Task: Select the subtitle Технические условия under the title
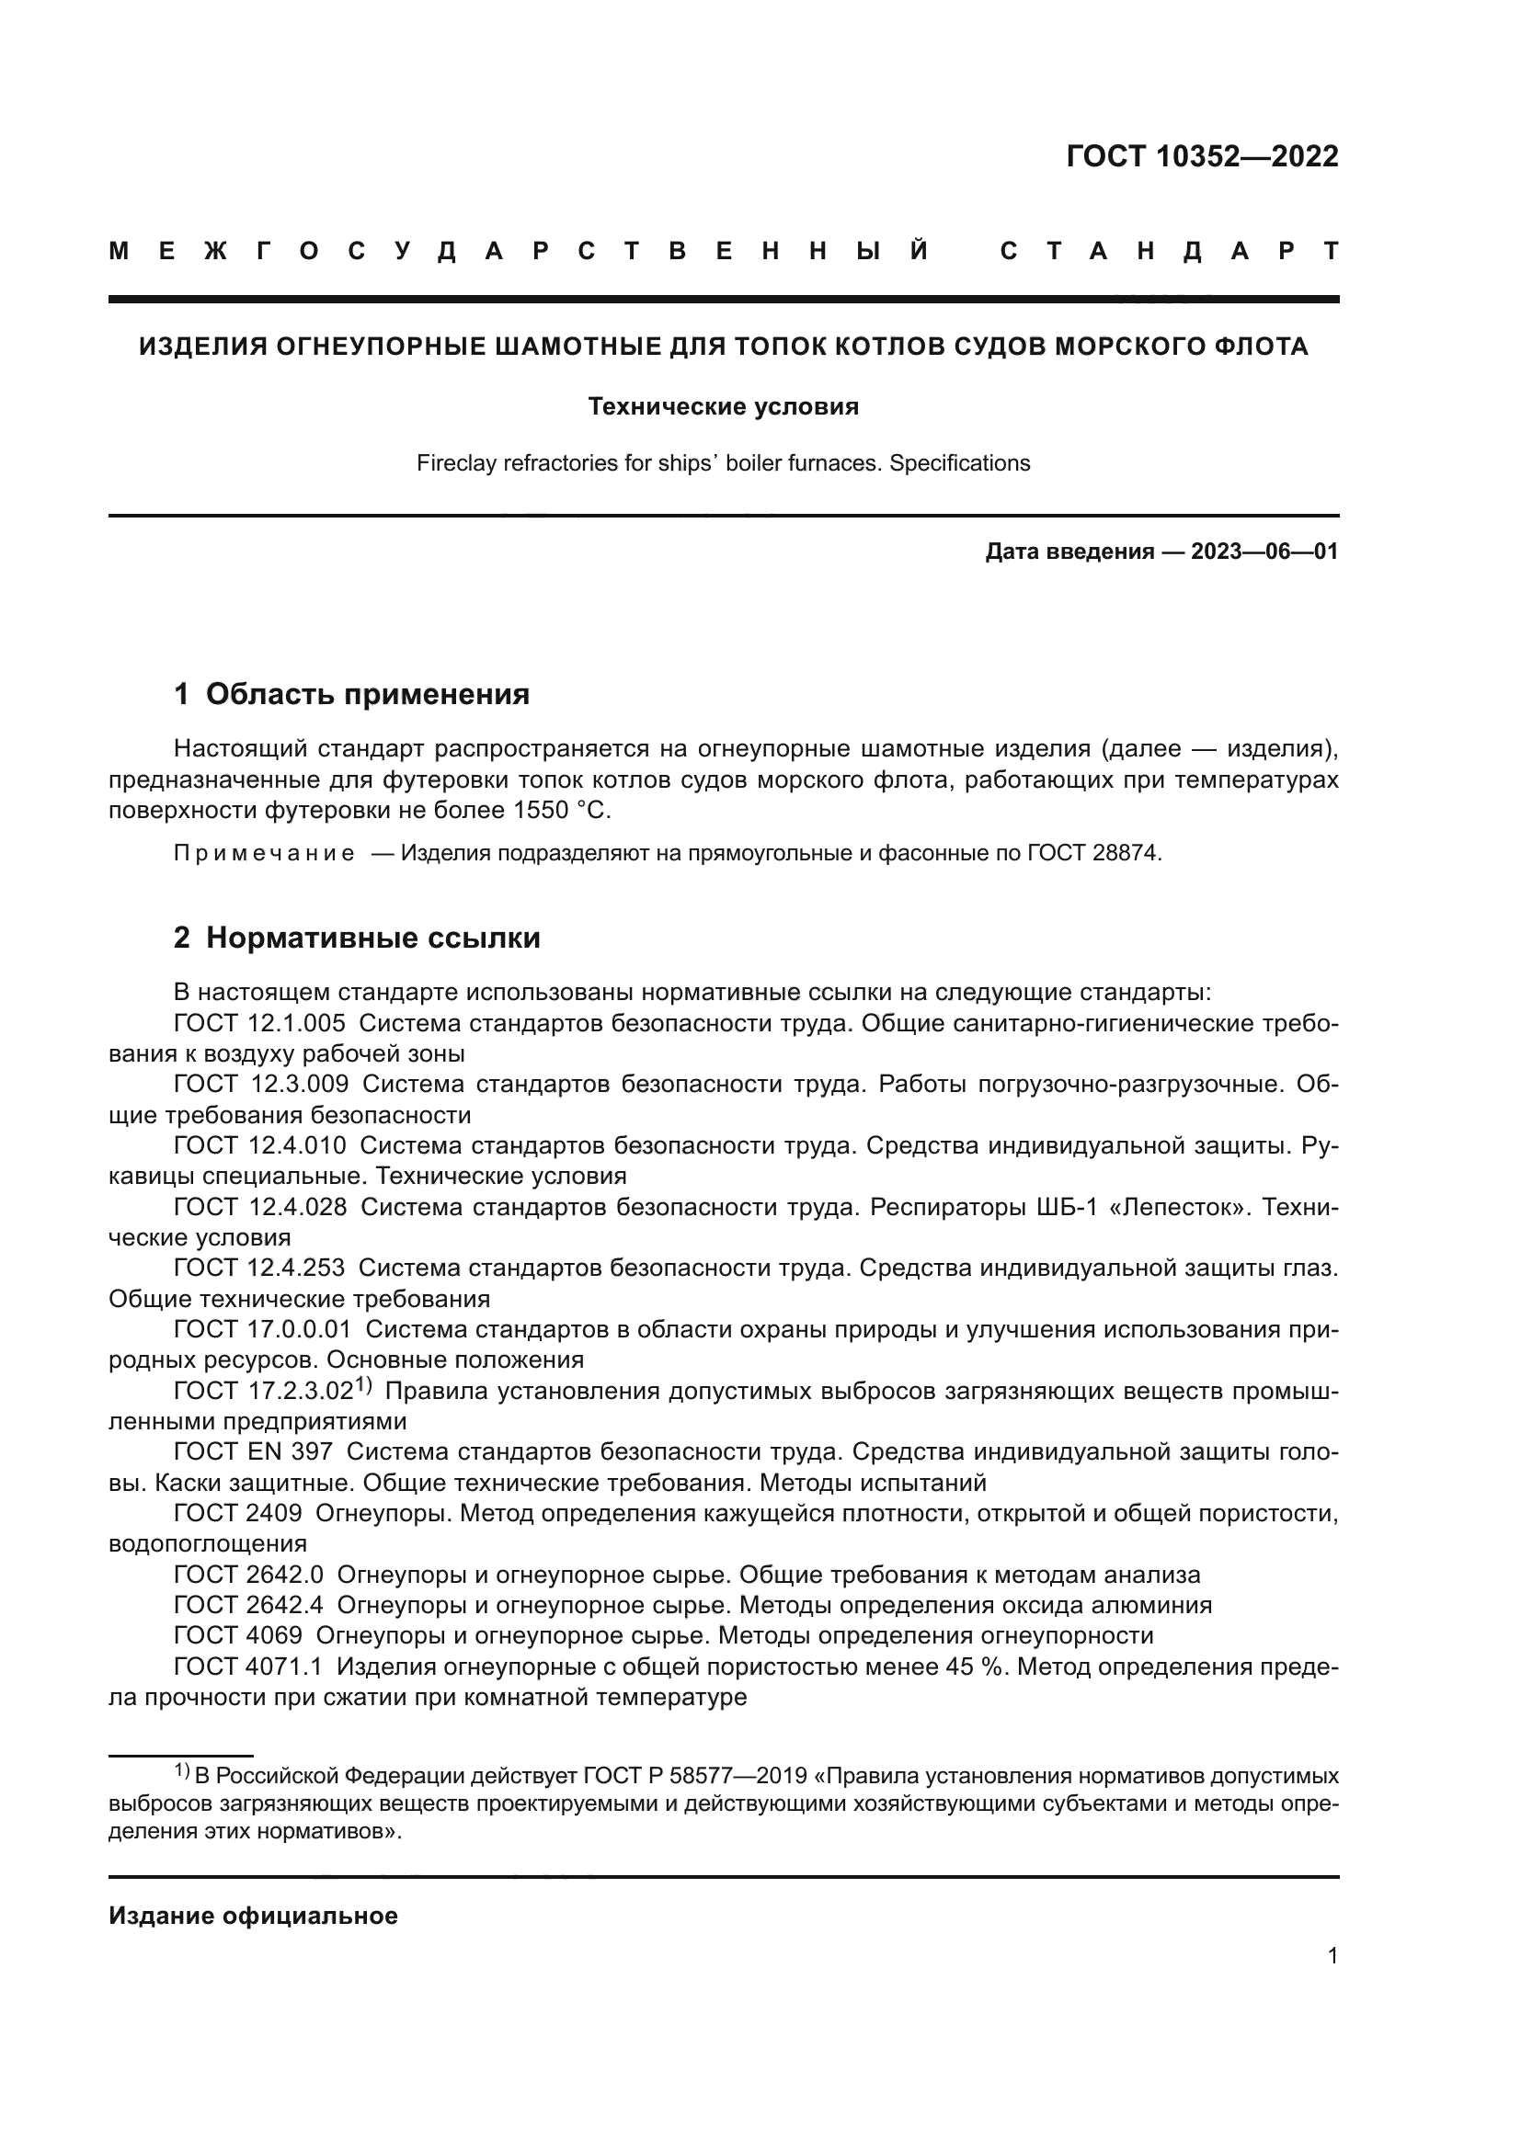tap(723, 406)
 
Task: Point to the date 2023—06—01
tap(1264, 552)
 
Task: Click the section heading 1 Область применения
tap(351, 694)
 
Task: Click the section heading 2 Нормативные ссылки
tap(357, 938)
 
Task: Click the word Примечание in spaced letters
tap(264, 853)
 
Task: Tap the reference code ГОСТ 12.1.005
tap(259, 1023)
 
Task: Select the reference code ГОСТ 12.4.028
tap(259, 1207)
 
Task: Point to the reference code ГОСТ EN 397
tap(253, 1451)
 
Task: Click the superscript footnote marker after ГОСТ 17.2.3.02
tap(363, 1385)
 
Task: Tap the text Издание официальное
tap(253, 1916)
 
